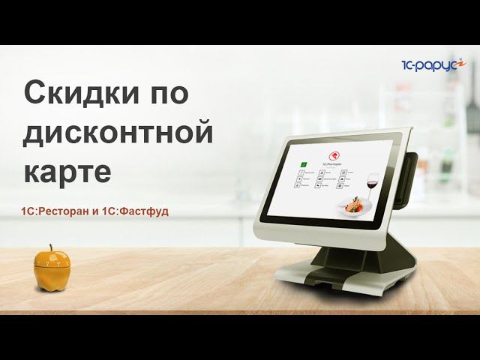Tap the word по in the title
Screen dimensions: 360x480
coord(165,94)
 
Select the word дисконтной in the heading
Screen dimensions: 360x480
coord(118,133)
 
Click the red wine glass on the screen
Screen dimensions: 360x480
coord(370,182)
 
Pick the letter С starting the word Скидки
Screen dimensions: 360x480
coord(33,94)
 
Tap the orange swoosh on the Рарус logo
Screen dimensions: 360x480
coord(463,63)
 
